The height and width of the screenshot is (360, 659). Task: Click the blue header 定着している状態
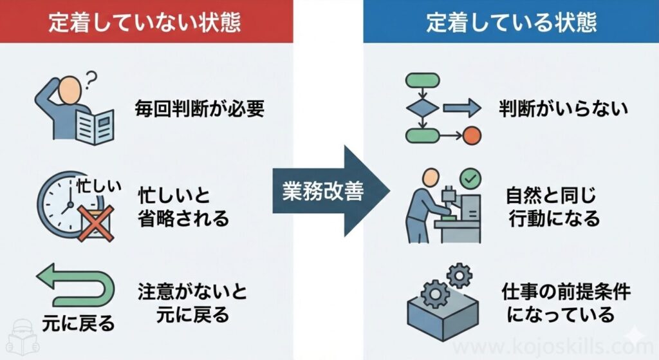[511, 22]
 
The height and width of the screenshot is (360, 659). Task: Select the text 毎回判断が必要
[200, 108]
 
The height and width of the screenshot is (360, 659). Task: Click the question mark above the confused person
[91, 80]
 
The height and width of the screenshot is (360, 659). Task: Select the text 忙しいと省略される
[183, 207]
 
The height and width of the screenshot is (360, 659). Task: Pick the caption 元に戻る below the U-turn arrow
[78, 321]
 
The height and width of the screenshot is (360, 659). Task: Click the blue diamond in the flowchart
[422, 108]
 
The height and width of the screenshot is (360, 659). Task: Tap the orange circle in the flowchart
[472, 135]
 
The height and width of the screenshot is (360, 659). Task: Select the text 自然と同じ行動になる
[553, 207]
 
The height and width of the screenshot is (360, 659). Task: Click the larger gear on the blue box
[436, 293]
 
